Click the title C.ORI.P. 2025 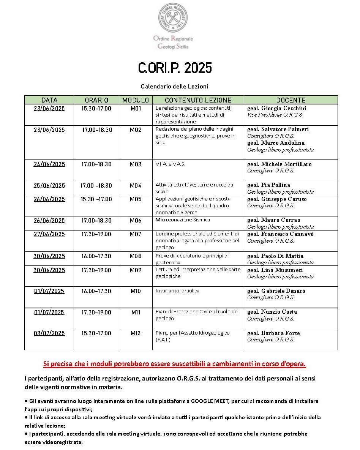[x=175, y=68]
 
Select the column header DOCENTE [x=291, y=100]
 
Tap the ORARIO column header [x=96, y=100]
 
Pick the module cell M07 [x=136, y=234]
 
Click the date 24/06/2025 [x=49, y=164]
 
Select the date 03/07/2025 [x=49, y=333]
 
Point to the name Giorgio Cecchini [x=283, y=108]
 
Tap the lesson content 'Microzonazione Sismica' [x=183, y=220]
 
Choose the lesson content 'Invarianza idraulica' [x=177, y=291]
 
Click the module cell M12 [x=136, y=333]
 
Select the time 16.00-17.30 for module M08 [x=96, y=256]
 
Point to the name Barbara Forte [x=280, y=333]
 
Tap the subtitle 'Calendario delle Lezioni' [x=174, y=87]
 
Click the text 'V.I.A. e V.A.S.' [x=170, y=164]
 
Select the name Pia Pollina [x=275, y=185]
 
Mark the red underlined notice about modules [x=174, y=364]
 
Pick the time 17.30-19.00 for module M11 [x=96, y=313]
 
